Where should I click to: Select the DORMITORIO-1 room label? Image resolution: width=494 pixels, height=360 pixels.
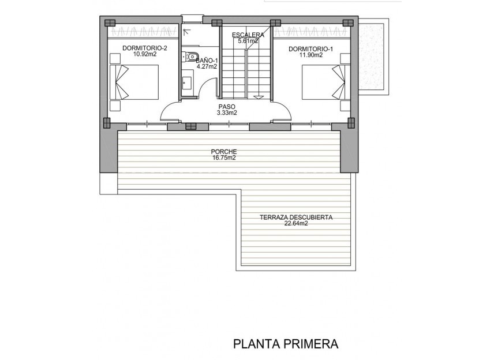[310, 49]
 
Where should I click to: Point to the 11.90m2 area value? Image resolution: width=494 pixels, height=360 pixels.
[310, 55]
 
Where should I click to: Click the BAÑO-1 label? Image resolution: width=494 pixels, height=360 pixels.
[207, 60]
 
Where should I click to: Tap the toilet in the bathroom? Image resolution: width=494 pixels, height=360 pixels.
[189, 57]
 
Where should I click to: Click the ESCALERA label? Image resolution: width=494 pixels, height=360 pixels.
[248, 35]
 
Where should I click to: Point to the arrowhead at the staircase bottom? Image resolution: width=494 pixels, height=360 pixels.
[260, 96]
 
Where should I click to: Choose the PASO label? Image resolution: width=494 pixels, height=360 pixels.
[227, 107]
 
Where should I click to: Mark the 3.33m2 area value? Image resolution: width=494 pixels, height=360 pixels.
[227, 113]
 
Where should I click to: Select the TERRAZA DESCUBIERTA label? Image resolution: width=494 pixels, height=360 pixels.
[295, 218]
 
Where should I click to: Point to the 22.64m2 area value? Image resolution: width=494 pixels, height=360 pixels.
[295, 224]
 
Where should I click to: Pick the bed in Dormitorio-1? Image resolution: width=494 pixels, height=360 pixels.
[324, 81]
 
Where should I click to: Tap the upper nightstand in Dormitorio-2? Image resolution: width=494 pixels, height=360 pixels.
[115, 58]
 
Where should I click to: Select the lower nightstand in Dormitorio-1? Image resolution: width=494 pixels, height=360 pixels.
[345, 106]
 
